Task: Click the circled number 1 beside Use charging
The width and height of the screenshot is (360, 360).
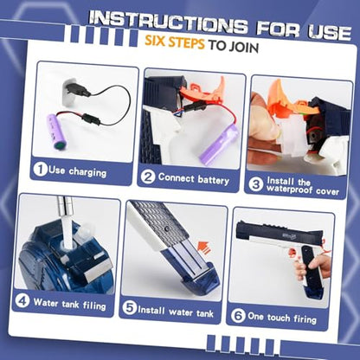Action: (40, 170)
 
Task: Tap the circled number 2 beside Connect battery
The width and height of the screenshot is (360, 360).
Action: (148, 177)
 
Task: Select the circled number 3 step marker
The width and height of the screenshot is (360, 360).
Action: (256, 184)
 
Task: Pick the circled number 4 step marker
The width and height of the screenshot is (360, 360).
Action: (22, 300)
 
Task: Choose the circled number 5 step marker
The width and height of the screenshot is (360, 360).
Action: (129, 308)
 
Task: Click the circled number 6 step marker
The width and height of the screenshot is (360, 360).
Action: (238, 315)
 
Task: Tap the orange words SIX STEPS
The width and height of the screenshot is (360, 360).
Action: (175, 42)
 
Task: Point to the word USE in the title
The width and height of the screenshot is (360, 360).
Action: (329, 31)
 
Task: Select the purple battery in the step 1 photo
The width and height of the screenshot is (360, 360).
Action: (57, 132)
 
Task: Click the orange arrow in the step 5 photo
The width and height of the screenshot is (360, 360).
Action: (203, 247)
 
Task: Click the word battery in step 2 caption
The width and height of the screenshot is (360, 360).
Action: (214, 180)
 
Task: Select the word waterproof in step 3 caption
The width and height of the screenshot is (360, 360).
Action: (290, 190)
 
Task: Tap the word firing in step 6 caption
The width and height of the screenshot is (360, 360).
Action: (305, 318)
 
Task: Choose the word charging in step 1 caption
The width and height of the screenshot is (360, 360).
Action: (87, 172)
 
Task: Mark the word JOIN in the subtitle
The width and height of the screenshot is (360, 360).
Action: (243, 47)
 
